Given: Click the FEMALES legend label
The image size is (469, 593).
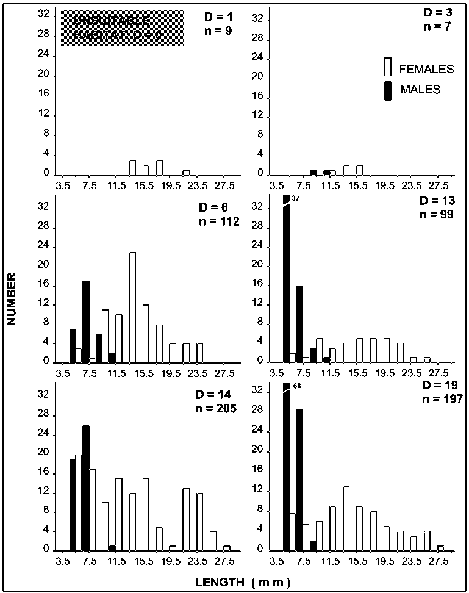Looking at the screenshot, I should (x=426, y=69).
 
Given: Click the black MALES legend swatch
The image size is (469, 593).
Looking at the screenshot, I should (x=388, y=90).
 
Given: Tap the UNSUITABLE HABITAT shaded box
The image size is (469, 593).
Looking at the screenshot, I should (x=122, y=28).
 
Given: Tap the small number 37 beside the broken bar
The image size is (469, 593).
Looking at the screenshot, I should (x=296, y=198).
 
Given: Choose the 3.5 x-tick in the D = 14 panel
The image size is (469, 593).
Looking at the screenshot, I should (x=63, y=559).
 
